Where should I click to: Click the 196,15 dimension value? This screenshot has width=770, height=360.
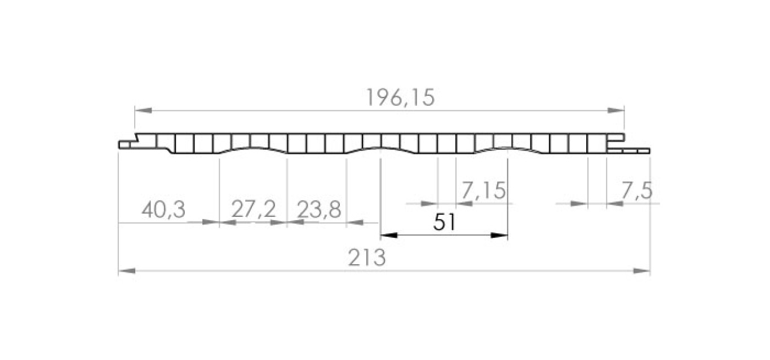[x=400, y=97]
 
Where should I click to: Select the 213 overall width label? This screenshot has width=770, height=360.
[x=367, y=257]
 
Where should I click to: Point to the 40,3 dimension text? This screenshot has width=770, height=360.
[x=163, y=210]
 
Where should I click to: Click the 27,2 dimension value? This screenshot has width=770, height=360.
[x=254, y=209]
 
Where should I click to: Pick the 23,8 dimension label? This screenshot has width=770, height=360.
[x=319, y=210]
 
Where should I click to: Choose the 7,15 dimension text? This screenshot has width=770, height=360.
[x=483, y=190]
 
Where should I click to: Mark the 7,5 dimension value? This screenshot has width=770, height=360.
[x=637, y=190]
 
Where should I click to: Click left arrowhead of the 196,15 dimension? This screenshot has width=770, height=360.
[x=144, y=110]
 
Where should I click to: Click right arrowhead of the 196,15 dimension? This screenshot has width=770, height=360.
[x=616, y=110]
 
